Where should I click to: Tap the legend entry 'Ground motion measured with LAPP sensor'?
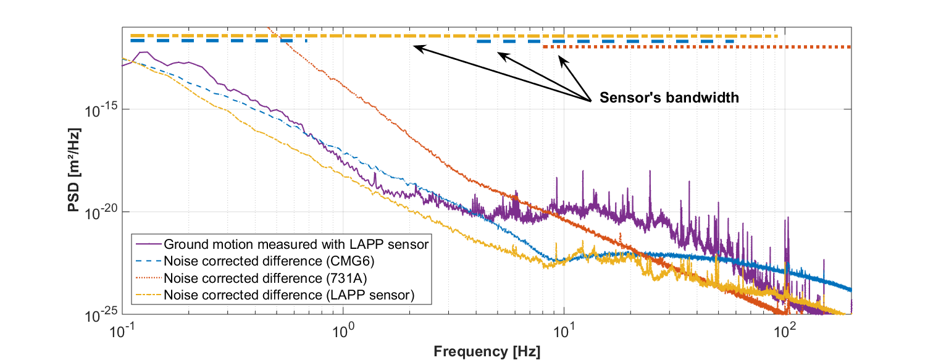(x=296, y=244)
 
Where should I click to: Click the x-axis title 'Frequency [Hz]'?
(x=487, y=352)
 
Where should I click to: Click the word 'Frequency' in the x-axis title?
(x=471, y=352)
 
